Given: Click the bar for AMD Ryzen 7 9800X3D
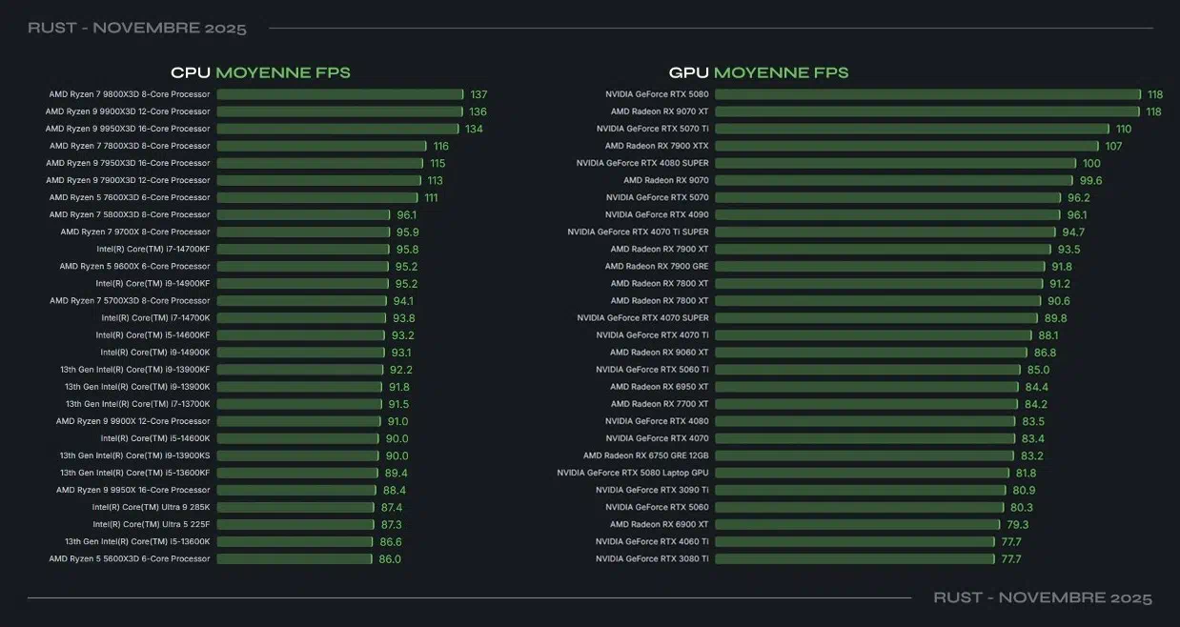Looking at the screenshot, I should click(340, 94).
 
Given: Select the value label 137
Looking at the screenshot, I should click(478, 94).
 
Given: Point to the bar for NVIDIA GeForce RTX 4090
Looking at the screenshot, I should click(887, 215).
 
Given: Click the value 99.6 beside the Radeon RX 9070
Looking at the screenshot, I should click(1090, 181).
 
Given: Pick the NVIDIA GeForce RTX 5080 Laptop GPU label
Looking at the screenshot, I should click(633, 474).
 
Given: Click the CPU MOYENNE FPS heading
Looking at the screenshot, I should click(260, 72).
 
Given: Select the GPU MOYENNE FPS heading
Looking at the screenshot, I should click(759, 72).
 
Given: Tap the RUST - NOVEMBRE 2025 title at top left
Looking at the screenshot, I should click(137, 28).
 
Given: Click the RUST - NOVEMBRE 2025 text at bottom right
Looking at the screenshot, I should click(1043, 597).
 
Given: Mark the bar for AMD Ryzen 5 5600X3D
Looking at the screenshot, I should click(295, 559).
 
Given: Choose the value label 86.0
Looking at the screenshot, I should click(390, 559).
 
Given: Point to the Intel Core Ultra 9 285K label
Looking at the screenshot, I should click(151, 508).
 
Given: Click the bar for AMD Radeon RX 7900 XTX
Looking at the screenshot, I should click(906, 147).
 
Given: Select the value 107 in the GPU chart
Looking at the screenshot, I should click(1113, 147).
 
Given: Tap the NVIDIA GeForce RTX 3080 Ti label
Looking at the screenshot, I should click(652, 559).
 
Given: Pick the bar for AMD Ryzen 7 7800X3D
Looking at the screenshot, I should click(321, 147).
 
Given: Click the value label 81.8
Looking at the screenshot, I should click(1026, 474).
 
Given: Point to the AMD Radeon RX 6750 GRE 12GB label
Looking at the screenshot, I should click(646, 456).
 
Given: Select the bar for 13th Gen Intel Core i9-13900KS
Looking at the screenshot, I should click(297, 456).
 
